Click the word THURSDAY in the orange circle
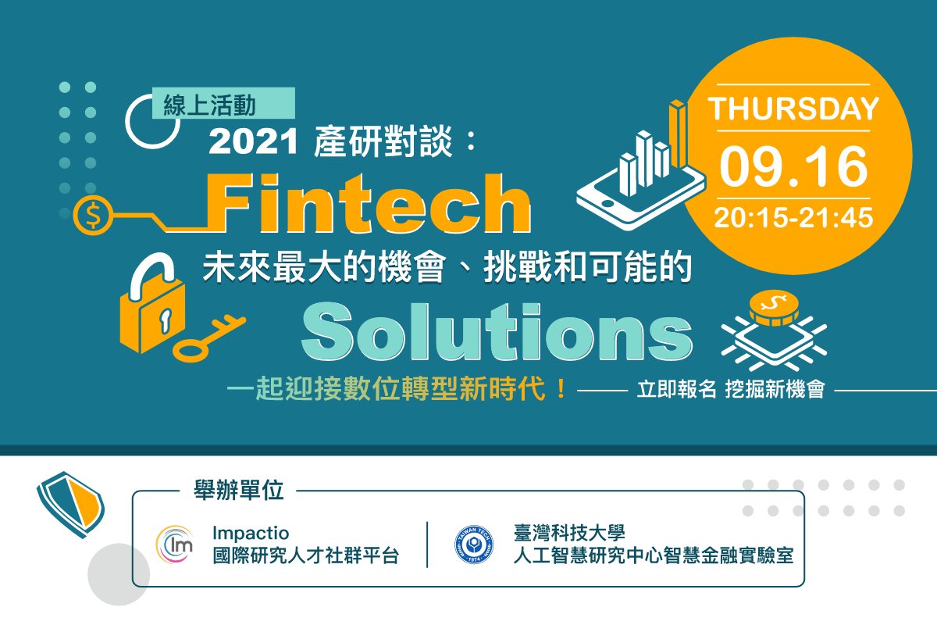coord(793,109)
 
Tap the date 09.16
coord(793,166)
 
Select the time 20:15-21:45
coord(793,218)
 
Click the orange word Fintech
coord(369,202)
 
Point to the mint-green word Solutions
coord(497,330)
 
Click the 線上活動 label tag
coord(223,103)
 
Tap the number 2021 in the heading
coord(254,141)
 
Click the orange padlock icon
coord(152,303)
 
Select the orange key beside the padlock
coord(208,339)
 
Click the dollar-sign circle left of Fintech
coord(93,215)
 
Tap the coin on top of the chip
coord(774,308)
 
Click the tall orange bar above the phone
coord(678,134)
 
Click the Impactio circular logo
coord(175,545)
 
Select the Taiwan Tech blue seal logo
coord(474,545)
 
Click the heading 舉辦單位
coord(239,490)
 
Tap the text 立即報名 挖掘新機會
coord(731,389)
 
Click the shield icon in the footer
coord(70,505)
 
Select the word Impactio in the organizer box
coord(251,533)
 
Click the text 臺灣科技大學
coord(569,533)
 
